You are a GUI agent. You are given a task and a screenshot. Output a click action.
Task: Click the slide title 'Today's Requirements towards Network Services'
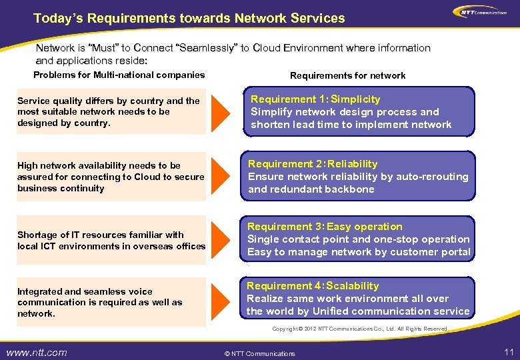[189, 18]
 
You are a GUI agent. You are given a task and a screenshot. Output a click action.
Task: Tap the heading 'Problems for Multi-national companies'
[119, 75]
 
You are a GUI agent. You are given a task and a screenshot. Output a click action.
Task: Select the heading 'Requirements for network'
[347, 75]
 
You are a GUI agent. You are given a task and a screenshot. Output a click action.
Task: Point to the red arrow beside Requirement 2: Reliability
[221, 177]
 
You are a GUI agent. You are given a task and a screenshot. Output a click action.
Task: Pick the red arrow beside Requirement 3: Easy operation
[221, 239]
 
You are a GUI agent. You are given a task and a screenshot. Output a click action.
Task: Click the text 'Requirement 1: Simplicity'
[315, 99]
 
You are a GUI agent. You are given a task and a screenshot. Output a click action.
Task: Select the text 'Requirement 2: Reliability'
[313, 164]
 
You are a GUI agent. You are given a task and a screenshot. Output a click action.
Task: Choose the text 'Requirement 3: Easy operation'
[325, 227]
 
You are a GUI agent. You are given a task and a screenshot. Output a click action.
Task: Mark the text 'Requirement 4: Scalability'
[313, 286]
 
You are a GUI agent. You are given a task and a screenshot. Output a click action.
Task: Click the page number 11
[508, 351]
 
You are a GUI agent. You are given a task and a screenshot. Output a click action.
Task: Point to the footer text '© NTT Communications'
[260, 353]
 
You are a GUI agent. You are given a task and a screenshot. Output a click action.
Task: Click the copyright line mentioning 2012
[360, 329]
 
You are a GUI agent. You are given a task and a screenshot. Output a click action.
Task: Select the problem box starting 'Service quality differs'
[111, 112]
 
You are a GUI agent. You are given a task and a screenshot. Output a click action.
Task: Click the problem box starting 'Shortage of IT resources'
[111, 241]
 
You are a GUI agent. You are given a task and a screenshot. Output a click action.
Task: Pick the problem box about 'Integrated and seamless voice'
[111, 302]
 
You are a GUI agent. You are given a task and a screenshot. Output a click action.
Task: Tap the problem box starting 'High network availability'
[111, 177]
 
